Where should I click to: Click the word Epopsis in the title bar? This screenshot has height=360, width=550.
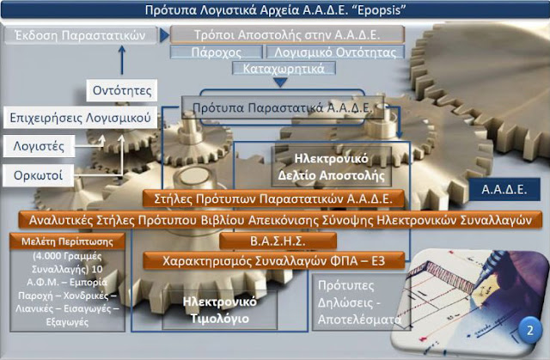click(x=382, y=9)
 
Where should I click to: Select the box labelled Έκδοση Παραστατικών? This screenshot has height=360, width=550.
click(x=80, y=35)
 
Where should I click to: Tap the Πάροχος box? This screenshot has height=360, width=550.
click(x=216, y=52)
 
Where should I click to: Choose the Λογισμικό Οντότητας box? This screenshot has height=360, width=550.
click(x=335, y=52)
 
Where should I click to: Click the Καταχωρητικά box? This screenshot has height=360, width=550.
click(x=284, y=69)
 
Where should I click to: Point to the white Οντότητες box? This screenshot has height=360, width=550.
click(x=122, y=90)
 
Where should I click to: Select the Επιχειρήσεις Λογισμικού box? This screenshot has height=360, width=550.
click(x=80, y=118)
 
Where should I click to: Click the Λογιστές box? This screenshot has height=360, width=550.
click(x=39, y=146)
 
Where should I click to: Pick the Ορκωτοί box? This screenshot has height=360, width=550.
click(x=38, y=175)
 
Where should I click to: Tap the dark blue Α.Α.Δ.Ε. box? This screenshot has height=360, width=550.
click(x=504, y=189)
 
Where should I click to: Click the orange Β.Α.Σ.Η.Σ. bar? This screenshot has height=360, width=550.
click(x=278, y=241)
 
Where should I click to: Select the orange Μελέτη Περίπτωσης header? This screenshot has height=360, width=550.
click(x=67, y=241)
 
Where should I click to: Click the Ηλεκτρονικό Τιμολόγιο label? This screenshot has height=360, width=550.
click(x=220, y=310)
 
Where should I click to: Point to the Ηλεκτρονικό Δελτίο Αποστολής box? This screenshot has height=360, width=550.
click(x=332, y=167)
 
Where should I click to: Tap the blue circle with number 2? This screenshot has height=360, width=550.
click(x=530, y=330)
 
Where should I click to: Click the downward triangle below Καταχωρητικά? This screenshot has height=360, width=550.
click(x=280, y=82)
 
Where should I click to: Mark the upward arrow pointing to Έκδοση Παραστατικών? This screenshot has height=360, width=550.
click(x=122, y=60)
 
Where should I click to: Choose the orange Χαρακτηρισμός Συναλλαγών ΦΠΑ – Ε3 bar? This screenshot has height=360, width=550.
click(x=273, y=261)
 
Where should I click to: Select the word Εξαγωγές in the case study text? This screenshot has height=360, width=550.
click(x=67, y=322)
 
